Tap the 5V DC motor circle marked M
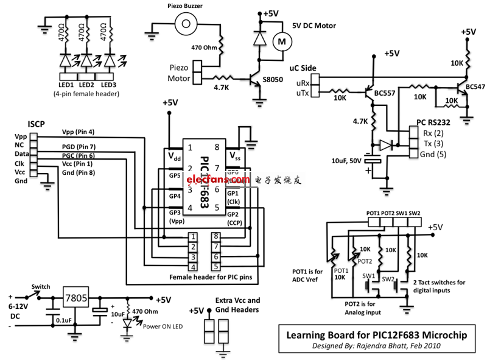click(x=281, y=41)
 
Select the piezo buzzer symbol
click(x=187, y=25)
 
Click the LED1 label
click(x=66, y=84)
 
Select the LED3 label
click(x=109, y=84)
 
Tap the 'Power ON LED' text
click(x=163, y=326)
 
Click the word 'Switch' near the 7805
click(x=41, y=286)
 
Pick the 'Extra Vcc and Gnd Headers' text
click(x=237, y=305)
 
